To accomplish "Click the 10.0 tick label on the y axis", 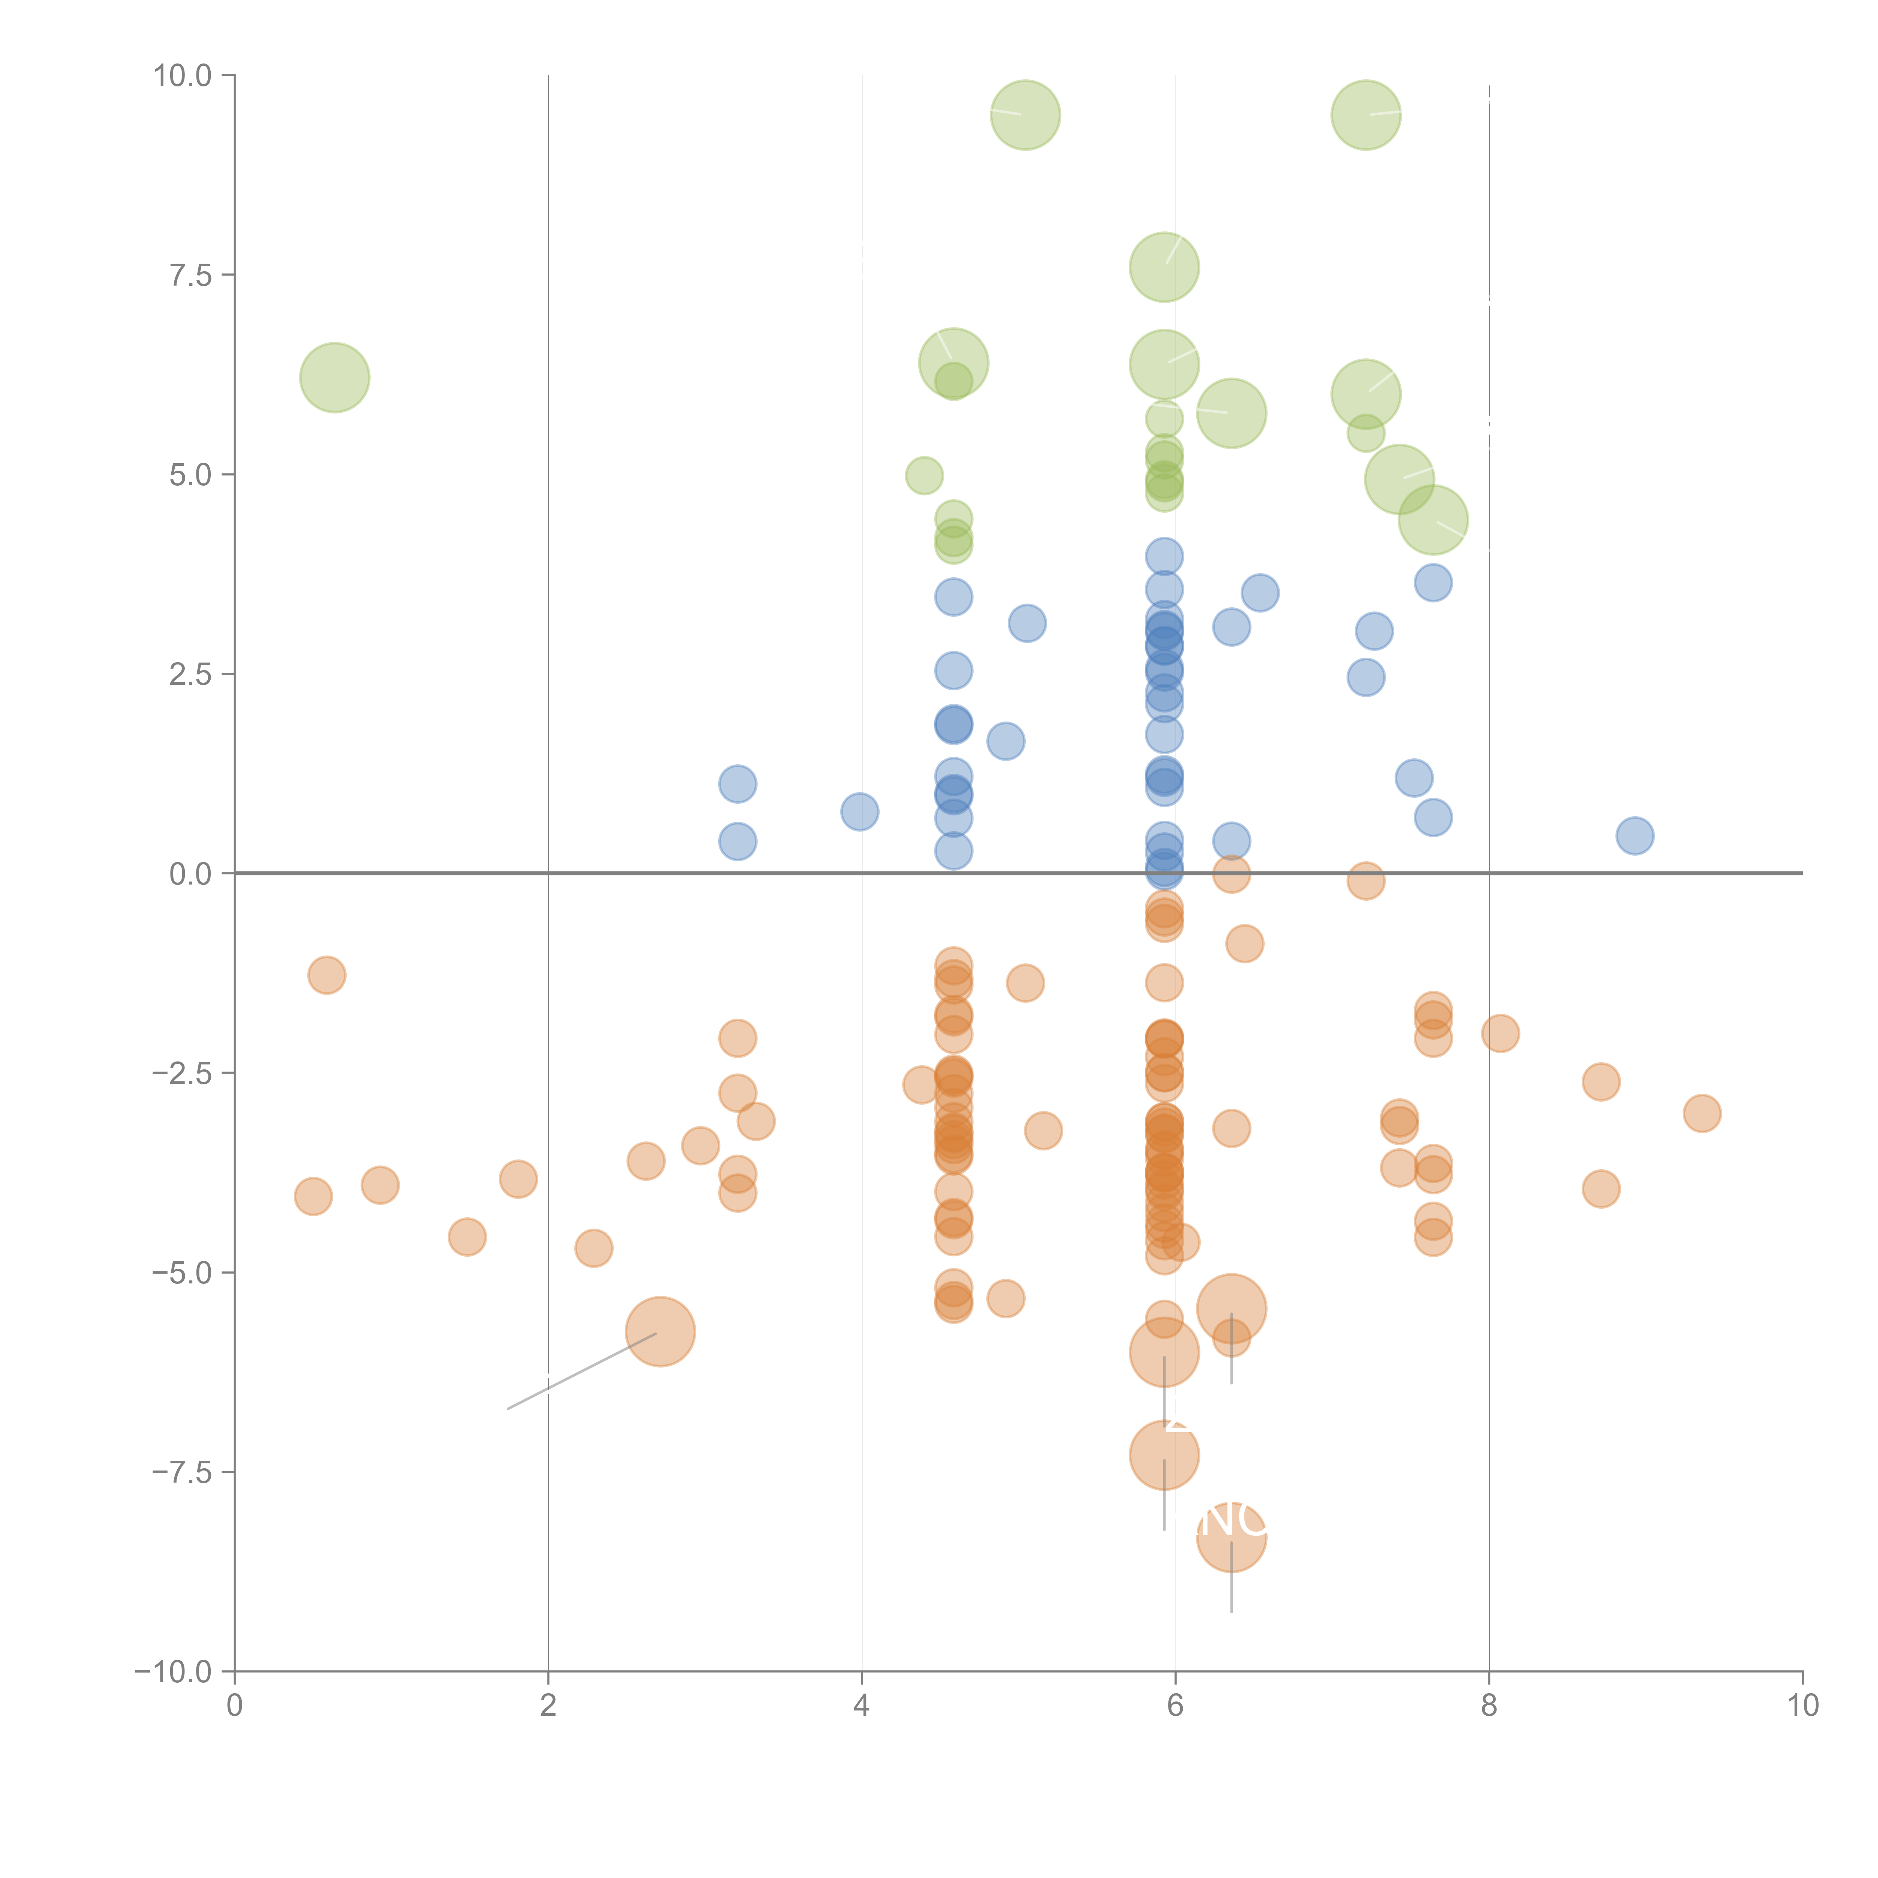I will tap(183, 76).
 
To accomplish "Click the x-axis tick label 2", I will tap(548, 1706).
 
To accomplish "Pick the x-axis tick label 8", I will tap(1489, 1706).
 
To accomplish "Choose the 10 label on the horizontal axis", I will tap(1802, 1706).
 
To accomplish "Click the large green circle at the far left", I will tap(334, 377).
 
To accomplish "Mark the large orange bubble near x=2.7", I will tap(660, 1332).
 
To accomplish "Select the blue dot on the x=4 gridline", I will tap(859, 811).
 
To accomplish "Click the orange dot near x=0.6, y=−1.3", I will tap(327, 975).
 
